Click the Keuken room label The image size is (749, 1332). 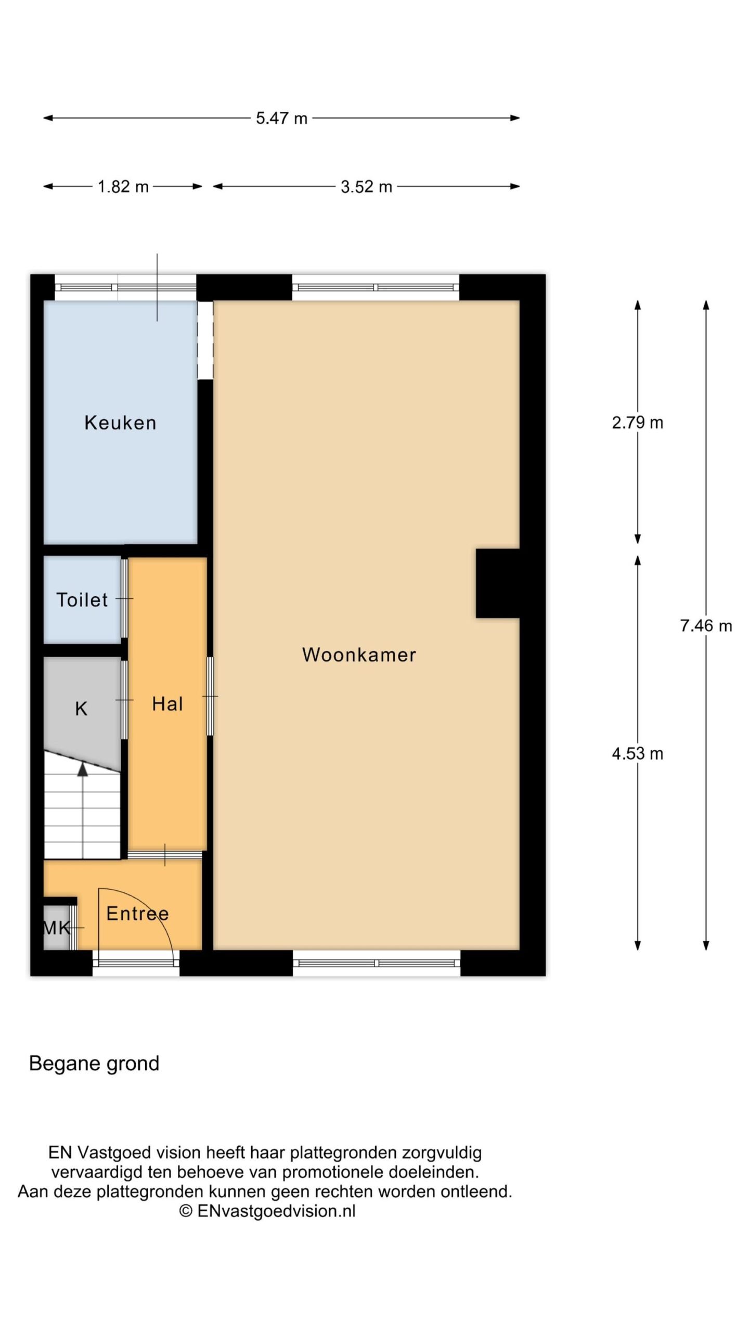click(120, 422)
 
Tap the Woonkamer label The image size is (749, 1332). click(359, 655)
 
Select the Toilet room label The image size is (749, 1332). click(82, 600)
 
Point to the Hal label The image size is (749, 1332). click(167, 704)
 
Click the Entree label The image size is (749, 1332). click(138, 913)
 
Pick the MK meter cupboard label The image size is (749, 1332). click(56, 927)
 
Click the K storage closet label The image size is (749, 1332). click(81, 709)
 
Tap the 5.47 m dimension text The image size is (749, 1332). click(281, 118)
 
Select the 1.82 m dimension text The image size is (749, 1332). click(123, 187)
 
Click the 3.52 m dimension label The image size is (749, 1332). click(366, 187)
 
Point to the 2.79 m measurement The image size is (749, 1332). click(638, 422)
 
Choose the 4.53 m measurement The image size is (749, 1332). click(638, 753)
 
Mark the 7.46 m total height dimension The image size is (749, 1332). click(706, 625)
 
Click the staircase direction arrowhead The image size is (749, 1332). click(83, 769)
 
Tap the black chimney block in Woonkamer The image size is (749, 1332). click(498, 583)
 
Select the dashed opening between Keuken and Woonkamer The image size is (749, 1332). click(205, 340)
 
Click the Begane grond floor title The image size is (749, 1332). click(94, 1063)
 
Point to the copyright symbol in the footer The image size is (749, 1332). click(186, 1211)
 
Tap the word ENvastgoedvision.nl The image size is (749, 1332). click(277, 1211)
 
